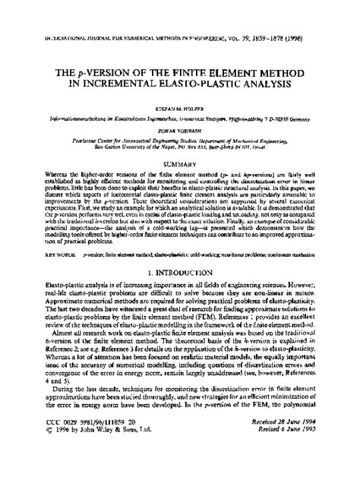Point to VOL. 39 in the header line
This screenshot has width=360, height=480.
point(266,14)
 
